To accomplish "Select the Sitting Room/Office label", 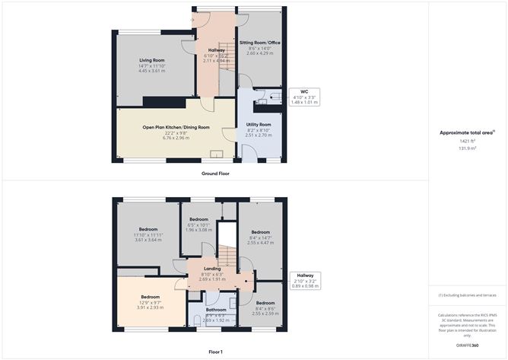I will coord(259,43).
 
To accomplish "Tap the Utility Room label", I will coord(259,124).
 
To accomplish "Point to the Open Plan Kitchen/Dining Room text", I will coord(175,128).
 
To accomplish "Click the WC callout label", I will coord(304,91).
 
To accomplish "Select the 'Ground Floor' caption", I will coord(215,174).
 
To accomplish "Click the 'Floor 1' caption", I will coord(215,352).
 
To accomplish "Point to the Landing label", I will coord(212,269).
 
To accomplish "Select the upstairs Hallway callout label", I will coord(305,275).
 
